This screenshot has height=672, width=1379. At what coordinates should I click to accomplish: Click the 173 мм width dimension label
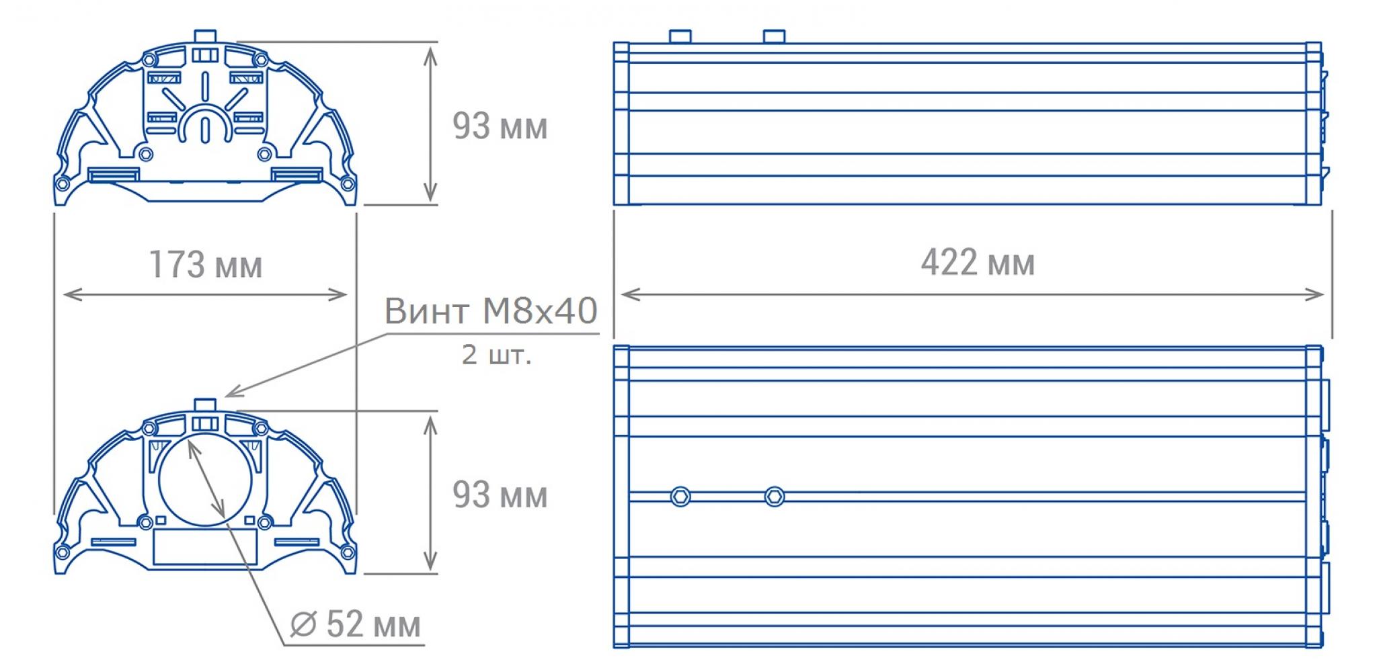tap(205, 264)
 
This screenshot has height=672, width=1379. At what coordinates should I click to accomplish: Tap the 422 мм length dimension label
tap(978, 262)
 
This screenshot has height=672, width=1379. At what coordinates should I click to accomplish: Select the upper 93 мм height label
tap(500, 126)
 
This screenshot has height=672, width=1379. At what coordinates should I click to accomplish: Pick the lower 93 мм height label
tap(500, 495)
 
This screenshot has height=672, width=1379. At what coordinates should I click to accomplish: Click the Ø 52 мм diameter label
tap(356, 624)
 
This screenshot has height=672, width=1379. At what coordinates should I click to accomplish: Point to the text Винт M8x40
tap(491, 310)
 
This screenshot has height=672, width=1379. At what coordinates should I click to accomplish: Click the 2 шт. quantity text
tap(496, 354)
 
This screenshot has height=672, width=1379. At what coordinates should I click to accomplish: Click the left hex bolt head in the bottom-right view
tap(680, 497)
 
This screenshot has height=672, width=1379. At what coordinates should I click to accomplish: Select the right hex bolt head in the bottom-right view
tap(775, 497)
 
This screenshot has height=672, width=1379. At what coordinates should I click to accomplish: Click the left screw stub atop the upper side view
tap(680, 36)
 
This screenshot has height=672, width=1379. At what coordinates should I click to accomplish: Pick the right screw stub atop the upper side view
tap(775, 36)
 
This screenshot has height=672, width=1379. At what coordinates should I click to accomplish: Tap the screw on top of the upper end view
tap(205, 36)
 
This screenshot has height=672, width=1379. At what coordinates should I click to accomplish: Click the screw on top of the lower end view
tap(205, 405)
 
